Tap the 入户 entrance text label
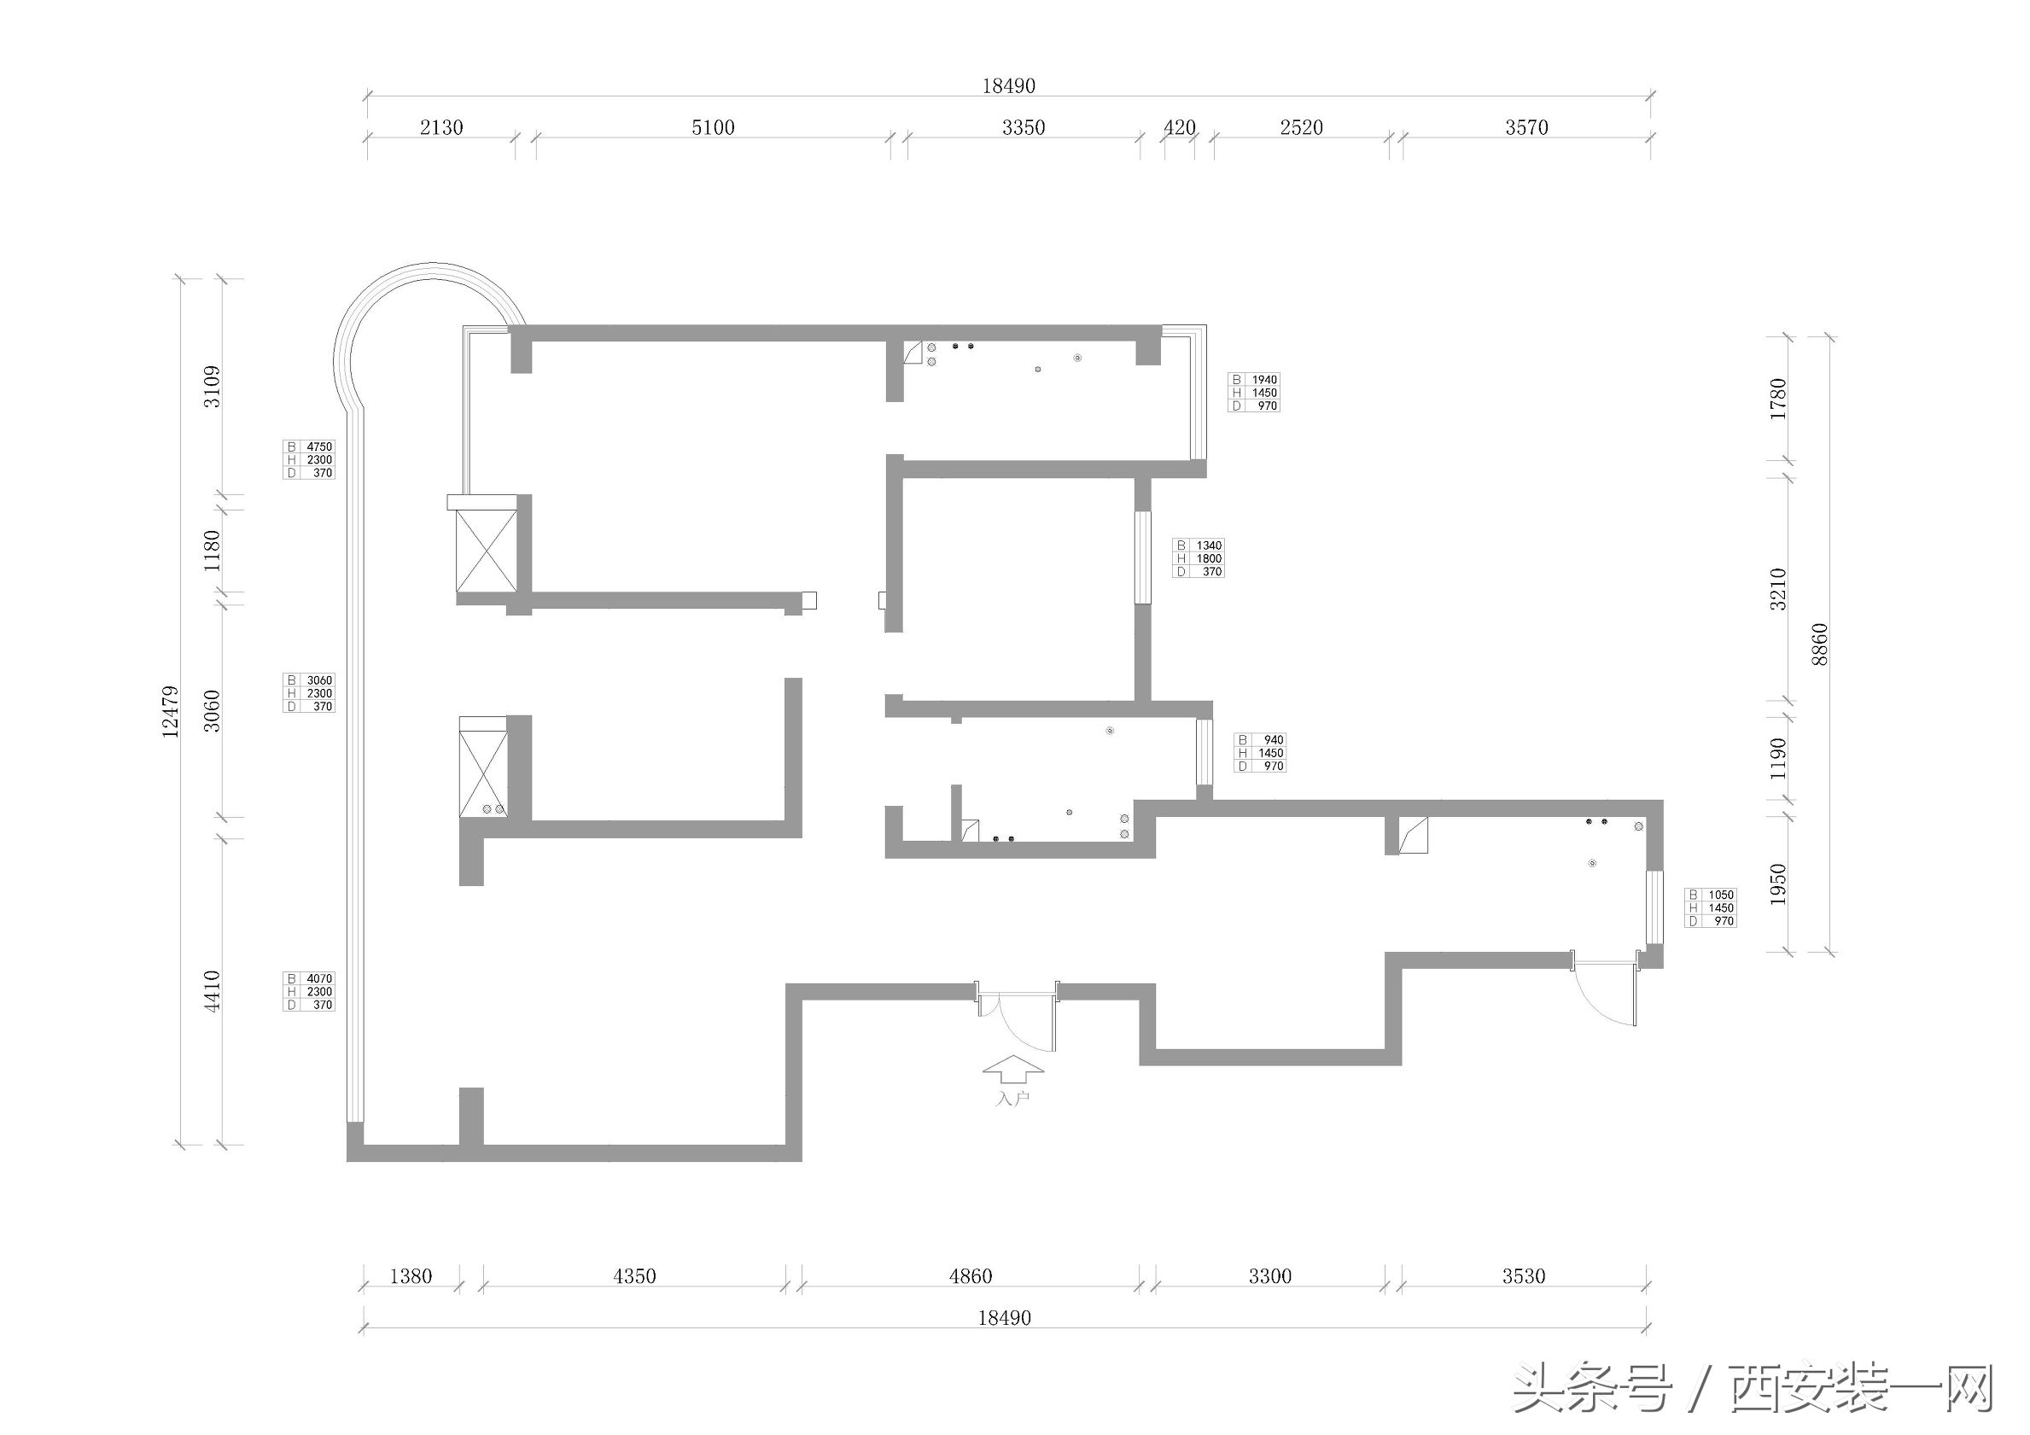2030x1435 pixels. (x=1013, y=1099)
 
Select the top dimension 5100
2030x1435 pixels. (x=713, y=127)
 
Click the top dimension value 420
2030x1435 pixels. (x=1179, y=127)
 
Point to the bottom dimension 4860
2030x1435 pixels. (x=970, y=1276)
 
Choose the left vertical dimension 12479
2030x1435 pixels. (x=170, y=711)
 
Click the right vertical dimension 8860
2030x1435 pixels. (x=1818, y=645)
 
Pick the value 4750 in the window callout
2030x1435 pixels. (x=319, y=447)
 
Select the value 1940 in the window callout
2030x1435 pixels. (x=1264, y=380)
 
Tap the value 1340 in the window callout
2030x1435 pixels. (x=1209, y=545)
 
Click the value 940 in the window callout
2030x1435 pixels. (x=1273, y=740)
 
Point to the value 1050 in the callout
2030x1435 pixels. (x=1721, y=895)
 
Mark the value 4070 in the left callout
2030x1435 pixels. (x=319, y=979)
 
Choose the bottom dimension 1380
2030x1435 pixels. (x=411, y=1276)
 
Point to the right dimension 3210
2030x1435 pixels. (x=1778, y=589)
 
